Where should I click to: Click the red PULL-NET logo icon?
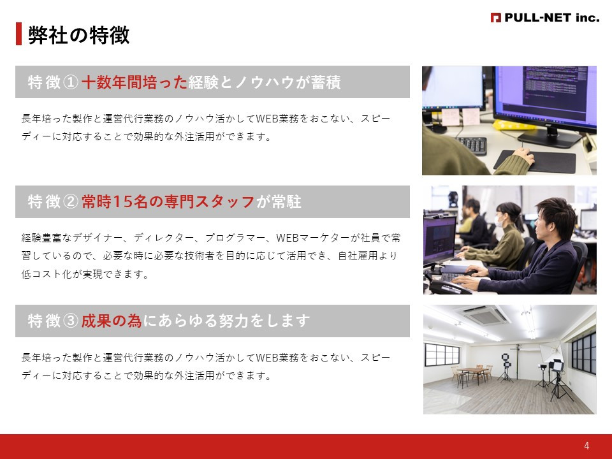coord(495,18)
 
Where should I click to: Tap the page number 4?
coord(586,446)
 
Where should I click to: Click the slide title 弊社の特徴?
coord(78,36)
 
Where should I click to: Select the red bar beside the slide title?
coord(18,34)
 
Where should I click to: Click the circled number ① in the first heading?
coord(71,82)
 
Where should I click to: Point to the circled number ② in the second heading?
coord(71,202)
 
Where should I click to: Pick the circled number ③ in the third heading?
coord(71,321)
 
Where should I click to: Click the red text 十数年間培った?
coord(135,82)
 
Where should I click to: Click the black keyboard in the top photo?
coord(471,145)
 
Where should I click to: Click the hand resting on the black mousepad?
coord(523,155)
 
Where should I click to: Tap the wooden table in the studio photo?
coord(470,370)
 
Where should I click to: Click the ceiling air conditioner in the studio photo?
coord(486,315)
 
